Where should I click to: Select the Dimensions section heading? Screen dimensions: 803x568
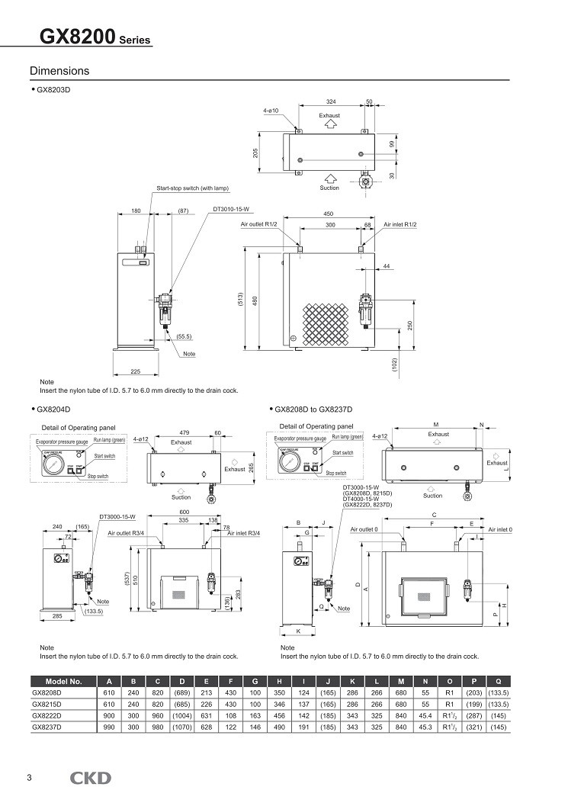pyautogui.click(x=59, y=71)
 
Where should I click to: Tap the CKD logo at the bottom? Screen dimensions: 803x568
pyautogui.click(x=90, y=778)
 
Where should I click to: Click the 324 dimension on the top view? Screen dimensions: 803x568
pyautogui.click(x=331, y=101)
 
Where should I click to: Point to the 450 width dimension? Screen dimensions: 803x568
pyautogui.click(x=329, y=214)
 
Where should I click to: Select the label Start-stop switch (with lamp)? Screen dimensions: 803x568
pyautogui.click(x=192, y=188)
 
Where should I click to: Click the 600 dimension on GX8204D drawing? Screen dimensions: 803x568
pyautogui.click(x=184, y=512)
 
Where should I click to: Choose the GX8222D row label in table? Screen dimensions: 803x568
pyautogui.click(x=47, y=716)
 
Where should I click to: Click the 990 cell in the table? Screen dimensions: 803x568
pyautogui.click(x=110, y=728)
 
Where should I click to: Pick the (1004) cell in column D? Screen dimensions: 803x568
pyautogui.click(x=181, y=716)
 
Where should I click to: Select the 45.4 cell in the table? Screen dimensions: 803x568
pyautogui.click(x=425, y=716)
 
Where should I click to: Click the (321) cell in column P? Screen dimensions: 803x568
pyautogui.click(x=474, y=728)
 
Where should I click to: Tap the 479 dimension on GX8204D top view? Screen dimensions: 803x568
pyautogui.click(x=184, y=432)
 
